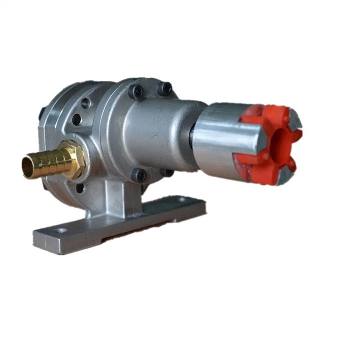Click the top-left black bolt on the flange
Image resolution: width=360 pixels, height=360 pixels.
136,91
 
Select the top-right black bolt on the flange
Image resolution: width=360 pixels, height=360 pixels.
165,89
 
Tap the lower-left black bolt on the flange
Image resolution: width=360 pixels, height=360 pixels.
139,175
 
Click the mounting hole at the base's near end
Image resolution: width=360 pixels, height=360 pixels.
61,230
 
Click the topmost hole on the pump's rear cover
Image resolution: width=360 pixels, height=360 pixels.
85,104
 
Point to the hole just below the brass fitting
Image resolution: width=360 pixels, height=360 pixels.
79,188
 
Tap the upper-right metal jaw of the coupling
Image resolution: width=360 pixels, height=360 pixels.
295,118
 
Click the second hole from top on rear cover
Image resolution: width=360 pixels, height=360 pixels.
76,120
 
